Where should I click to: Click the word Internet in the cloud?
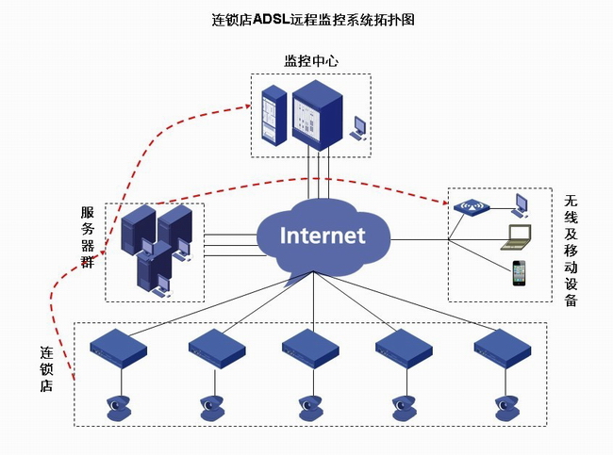coord(323,236)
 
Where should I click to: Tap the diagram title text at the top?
coord(313,19)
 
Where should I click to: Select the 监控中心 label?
coord(311,61)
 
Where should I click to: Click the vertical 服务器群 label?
coord(88,237)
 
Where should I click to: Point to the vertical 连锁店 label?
coord(46,369)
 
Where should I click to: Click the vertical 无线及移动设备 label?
coord(571,251)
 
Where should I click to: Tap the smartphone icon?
coord(520,273)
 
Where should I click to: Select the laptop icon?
coord(516,237)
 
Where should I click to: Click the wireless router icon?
coord(472,207)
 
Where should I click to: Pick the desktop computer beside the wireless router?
coord(521,205)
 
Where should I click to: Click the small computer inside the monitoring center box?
coord(359,128)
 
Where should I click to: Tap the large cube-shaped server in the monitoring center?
coord(318,115)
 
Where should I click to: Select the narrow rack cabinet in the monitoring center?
coord(273,115)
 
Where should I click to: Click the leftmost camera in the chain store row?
coord(118,408)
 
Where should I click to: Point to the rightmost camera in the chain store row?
coord(507,408)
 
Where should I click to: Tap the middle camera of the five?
coord(311,408)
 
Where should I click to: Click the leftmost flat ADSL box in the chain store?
coord(118,349)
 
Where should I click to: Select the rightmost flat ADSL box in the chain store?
coord(503,349)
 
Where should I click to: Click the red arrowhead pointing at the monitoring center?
coord(247,106)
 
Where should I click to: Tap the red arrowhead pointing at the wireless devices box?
coord(445,202)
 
